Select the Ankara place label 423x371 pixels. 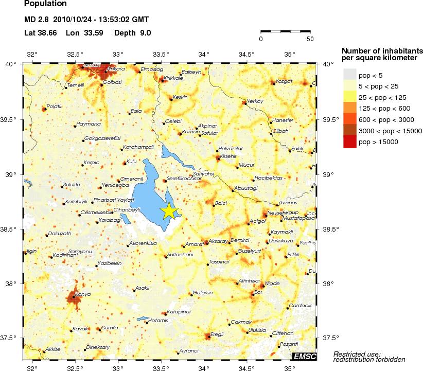coord(116,68)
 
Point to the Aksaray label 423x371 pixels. coord(218,241)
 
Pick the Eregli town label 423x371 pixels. coord(217,334)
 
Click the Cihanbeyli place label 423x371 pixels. coord(127,209)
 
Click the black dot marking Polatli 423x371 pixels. coord(44,109)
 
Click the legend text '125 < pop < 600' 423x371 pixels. coord(384,108)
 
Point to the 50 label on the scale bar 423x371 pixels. coord(310,39)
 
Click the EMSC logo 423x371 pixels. coord(304,356)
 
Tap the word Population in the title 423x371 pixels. coord(46,4)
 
